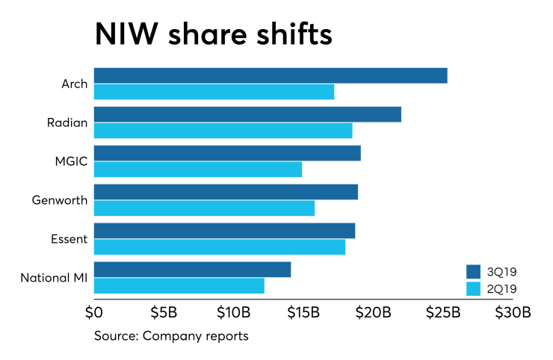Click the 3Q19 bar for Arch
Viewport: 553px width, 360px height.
tap(271, 75)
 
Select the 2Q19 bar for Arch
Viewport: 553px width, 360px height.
tap(214, 92)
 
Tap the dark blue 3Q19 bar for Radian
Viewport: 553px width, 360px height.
tap(247, 114)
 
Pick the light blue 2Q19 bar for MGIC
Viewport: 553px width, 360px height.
tap(198, 170)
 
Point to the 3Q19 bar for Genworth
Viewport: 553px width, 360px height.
tap(226, 192)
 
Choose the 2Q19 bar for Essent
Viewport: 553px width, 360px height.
tap(220, 247)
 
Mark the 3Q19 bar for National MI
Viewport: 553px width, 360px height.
tap(192, 270)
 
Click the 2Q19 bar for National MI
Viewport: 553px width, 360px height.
tap(179, 286)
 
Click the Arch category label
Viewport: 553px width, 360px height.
tap(74, 84)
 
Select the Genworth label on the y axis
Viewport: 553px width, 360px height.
tap(60, 200)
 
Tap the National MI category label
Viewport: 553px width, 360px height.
tap(54, 279)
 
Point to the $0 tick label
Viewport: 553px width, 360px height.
tap(94, 311)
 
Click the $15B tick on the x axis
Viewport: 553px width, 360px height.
tap(303, 311)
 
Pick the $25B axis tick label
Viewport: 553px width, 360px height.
tap(442, 311)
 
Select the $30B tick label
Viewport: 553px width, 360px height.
tap(512, 311)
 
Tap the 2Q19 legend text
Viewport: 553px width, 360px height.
tap(501, 288)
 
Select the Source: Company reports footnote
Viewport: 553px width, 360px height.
tap(171, 336)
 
